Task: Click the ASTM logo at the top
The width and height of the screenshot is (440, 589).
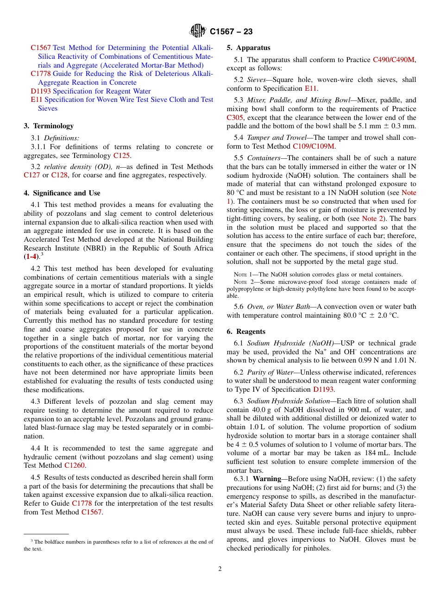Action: point(198,31)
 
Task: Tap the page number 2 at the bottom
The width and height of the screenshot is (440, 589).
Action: point(220,569)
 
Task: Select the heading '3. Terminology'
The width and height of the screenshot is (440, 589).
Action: point(49,126)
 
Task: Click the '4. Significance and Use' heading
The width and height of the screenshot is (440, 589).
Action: point(62,193)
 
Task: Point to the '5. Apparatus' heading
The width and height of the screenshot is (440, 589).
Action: point(248,48)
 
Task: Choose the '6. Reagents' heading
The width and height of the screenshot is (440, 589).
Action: point(246,332)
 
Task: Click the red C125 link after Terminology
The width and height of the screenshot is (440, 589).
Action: point(121,156)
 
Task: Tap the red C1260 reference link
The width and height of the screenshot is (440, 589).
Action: point(74,465)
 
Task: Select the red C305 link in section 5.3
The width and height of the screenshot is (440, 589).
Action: point(234,118)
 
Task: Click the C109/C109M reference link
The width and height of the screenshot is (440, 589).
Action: point(313,147)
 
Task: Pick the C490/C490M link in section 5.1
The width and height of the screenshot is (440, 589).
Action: point(394,60)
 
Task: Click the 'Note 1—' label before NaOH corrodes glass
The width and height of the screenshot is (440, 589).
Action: point(242,275)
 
